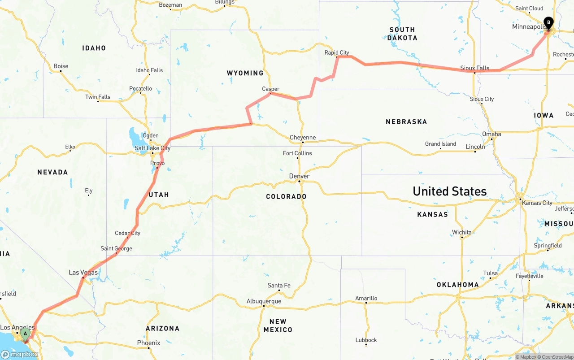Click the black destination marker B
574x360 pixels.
(x=548, y=23)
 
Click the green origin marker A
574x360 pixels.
(x=26, y=334)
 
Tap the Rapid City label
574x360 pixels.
(x=337, y=52)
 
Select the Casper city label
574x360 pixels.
(x=271, y=89)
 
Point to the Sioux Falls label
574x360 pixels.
(x=475, y=68)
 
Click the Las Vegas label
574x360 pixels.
(x=83, y=272)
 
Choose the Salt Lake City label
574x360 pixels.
(x=152, y=148)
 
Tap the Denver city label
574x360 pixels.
(x=299, y=176)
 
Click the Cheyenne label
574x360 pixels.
(x=303, y=137)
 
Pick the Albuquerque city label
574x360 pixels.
(x=264, y=301)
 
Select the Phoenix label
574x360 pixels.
(x=148, y=343)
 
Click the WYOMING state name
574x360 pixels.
(x=245, y=73)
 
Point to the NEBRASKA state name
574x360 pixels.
(x=406, y=121)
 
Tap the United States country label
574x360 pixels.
(x=449, y=191)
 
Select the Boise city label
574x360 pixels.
(x=61, y=66)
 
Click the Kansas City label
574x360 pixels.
(x=537, y=203)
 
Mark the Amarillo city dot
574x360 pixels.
(x=366, y=303)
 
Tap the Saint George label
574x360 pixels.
(x=116, y=248)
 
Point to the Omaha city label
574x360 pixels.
(x=491, y=134)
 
